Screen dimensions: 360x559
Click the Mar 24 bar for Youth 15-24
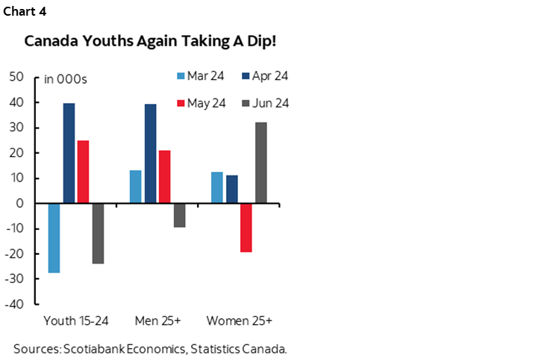pos(54,238)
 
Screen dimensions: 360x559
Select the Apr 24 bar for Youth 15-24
pos(69,153)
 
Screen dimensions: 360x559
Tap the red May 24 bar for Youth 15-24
pos(83,172)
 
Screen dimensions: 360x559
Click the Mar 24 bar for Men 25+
pos(135,187)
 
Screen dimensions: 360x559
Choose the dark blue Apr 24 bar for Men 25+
pos(150,154)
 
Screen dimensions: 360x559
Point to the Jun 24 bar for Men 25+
pos(179,215)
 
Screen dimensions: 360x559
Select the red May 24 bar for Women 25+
pos(246,228)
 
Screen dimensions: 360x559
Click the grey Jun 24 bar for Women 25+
pos(260,163)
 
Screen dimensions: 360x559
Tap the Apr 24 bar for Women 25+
pos(231,189)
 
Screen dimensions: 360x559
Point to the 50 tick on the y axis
pos(17,77)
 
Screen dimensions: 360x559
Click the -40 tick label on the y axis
pos(16,305)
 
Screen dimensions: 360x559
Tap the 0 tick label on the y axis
pos(21,204)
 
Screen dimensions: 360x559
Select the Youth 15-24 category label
pos(76,321)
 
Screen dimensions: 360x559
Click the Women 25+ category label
pos(239,321)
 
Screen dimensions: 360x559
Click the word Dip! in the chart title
pos(259,40)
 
